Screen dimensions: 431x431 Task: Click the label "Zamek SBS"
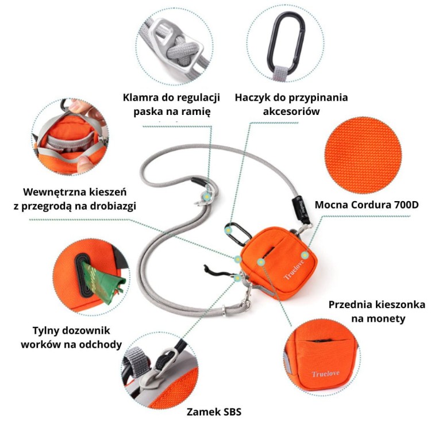[x=214, y=411]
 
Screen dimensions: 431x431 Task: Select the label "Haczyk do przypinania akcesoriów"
[x=291, y=104]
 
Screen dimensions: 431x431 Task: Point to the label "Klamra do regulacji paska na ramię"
[x=172, y=104]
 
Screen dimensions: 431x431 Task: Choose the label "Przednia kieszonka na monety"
[x=376, y=311]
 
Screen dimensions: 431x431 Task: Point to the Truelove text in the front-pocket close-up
[x=325, y=374]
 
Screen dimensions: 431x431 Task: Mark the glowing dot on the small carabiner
[x=230, y=230]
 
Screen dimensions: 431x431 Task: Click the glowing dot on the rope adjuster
[x=205, y=197]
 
